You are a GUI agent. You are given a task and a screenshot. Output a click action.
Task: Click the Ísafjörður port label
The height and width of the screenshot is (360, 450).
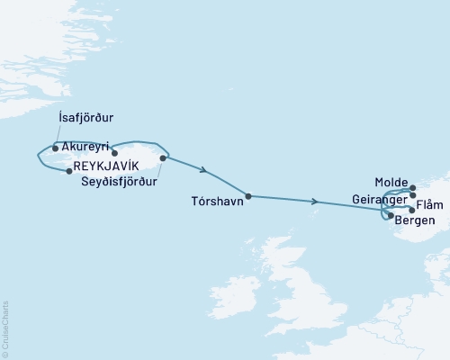pyautogui.click(x=83, y=117)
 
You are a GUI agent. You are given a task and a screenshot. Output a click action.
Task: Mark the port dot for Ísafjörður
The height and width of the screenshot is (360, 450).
pyautogui.click(x=56, y=148)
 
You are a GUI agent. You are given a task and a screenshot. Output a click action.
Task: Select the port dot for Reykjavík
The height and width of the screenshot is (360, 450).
pyautogui.click(x=69, y=171)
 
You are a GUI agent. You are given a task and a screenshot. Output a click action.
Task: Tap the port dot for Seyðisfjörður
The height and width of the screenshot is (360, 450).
pyautogui.click(x=163, y=158)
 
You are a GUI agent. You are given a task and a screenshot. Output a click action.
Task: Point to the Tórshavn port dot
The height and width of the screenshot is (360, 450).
pyautogui.click(x=248, y=196)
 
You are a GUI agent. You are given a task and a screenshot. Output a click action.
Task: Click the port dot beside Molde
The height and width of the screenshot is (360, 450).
pyautogui.click(x=413, y=189)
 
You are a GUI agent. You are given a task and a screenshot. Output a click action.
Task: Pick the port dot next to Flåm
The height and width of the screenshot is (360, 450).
pyautogui.click(x=412, y=210)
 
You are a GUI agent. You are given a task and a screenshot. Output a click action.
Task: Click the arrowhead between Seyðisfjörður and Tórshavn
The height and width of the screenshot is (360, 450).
pyautogui.click(x=206, y=171)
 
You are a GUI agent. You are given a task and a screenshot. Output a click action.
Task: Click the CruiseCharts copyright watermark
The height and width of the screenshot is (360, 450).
pyautogui.click(x=5, y=329)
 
